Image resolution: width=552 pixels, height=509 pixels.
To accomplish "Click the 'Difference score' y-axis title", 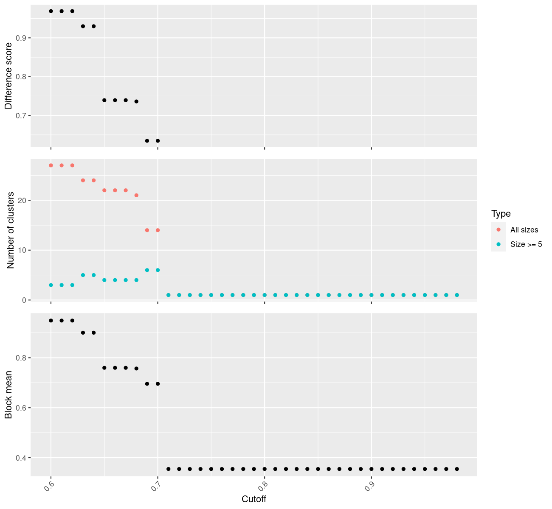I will [8, 76].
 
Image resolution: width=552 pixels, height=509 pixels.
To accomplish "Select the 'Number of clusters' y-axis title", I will [11, 230].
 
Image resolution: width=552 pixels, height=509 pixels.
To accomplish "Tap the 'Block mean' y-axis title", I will [8, 394].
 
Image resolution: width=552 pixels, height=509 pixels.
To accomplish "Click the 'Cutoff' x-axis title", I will [254, 499].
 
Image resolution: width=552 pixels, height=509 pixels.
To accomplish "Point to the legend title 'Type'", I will [501, 213].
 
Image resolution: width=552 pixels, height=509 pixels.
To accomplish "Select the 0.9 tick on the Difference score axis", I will [21, 38].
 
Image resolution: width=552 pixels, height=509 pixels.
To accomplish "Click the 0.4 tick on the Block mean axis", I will [21, 458].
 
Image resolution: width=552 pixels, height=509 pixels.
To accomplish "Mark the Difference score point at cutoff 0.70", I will [158, 141].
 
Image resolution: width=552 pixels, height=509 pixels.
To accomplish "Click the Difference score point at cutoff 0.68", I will [136, 101].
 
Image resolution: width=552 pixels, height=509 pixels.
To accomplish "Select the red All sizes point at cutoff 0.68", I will [136, 196].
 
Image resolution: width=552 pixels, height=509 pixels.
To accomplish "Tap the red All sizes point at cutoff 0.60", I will [51, 165].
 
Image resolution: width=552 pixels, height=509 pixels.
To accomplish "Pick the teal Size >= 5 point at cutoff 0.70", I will [158, 270].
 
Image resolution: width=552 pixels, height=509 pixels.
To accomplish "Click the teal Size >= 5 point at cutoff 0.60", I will [51, 285].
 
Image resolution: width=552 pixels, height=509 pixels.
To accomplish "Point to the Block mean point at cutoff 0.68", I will [136, 369].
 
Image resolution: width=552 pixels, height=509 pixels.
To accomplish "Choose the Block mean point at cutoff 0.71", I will [169, 469].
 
